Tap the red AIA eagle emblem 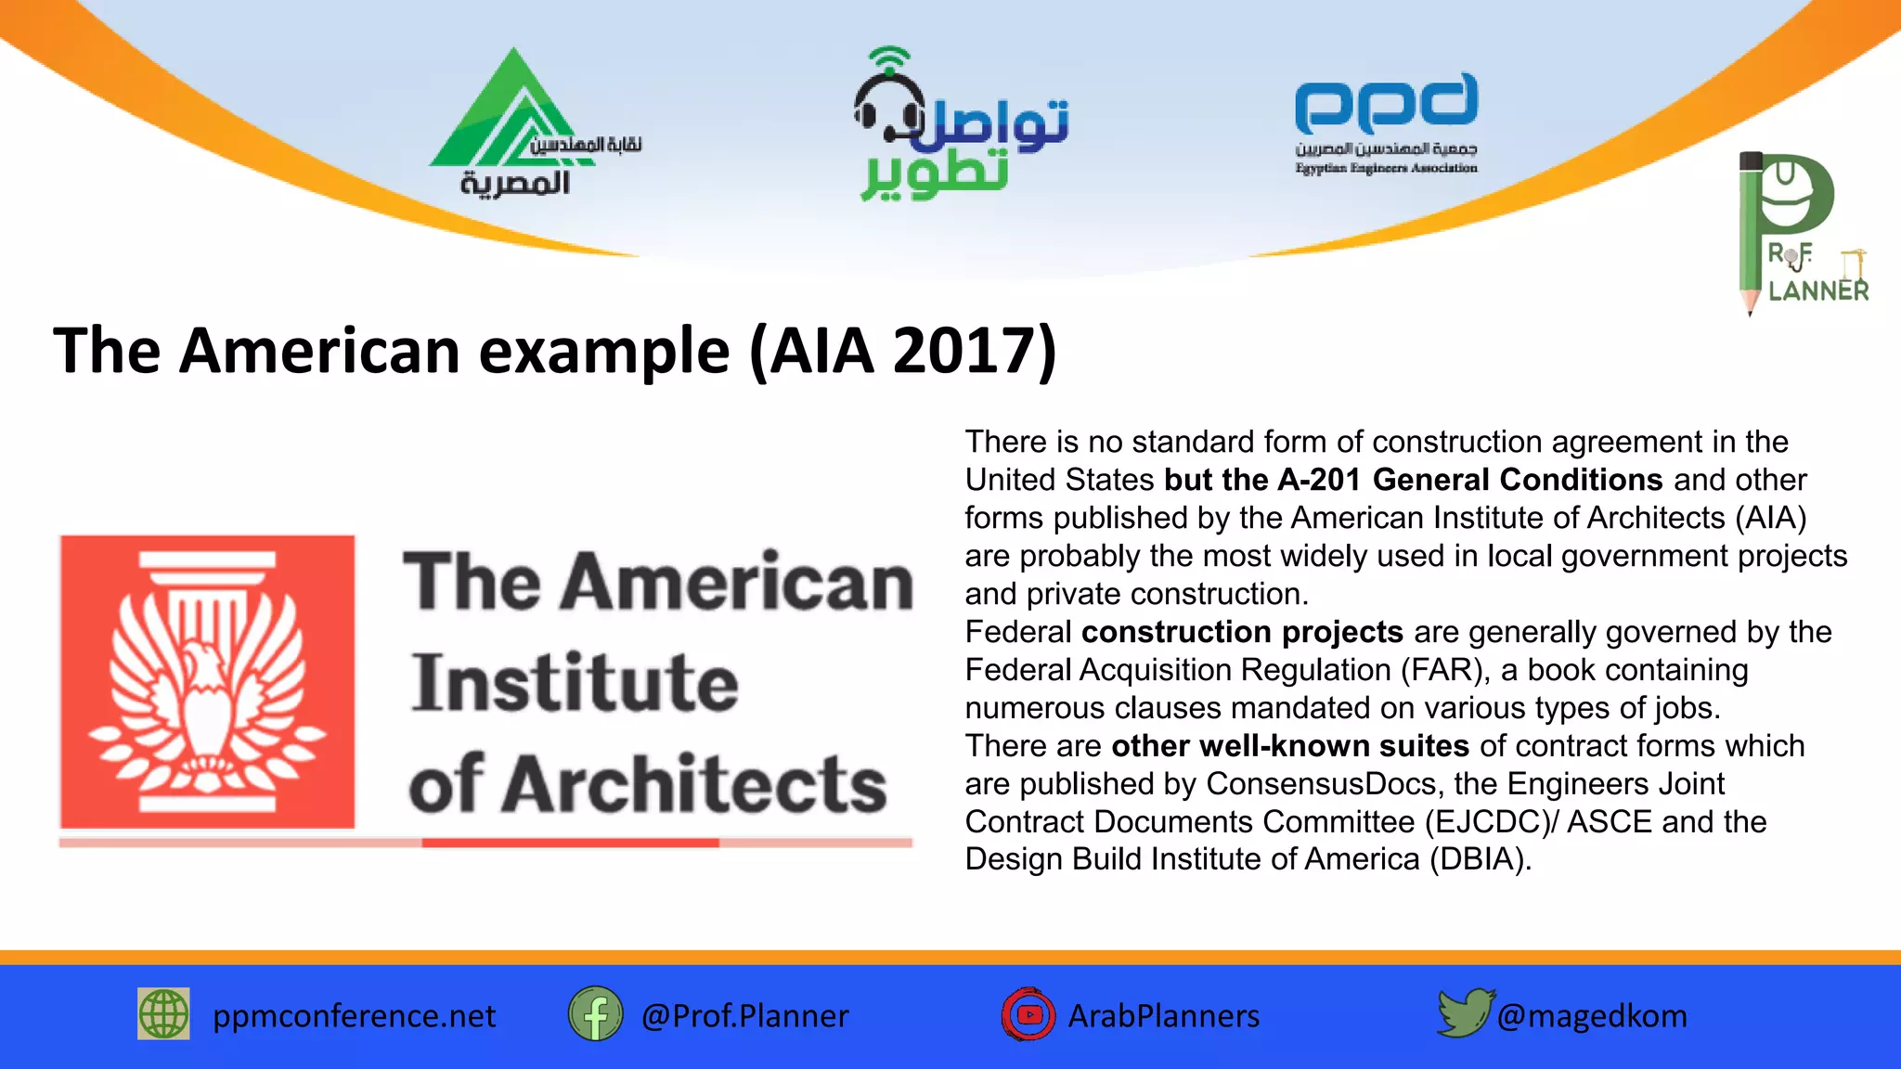pos(208,681)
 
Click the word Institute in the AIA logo pos(575,683)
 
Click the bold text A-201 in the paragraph pos(1319,480)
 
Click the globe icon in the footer pos(163,1014)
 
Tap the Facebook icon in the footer pos(595,1014)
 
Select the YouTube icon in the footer pos(1028,1014)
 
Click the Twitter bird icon pos(1464,1012)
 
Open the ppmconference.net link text pos(354,1016)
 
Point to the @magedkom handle pos(1592,1016)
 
